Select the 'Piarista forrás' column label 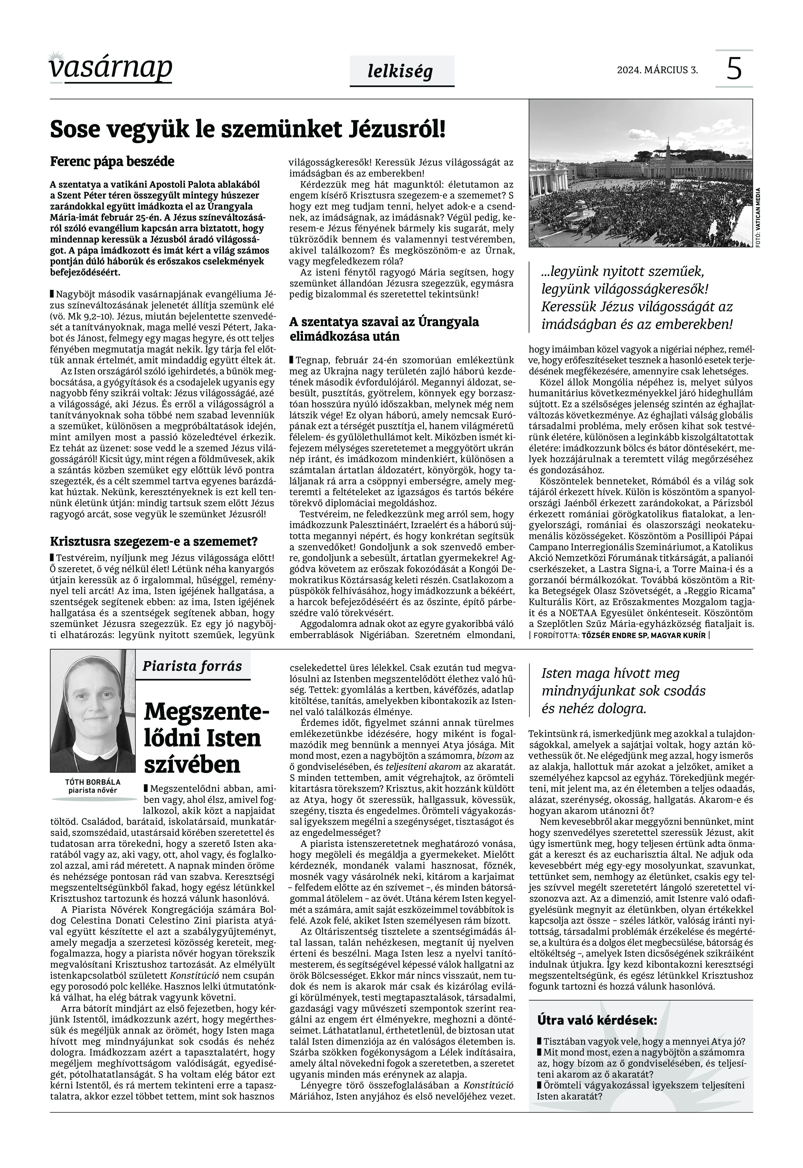tap(192, 666)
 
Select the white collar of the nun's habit tap(93, 754)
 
